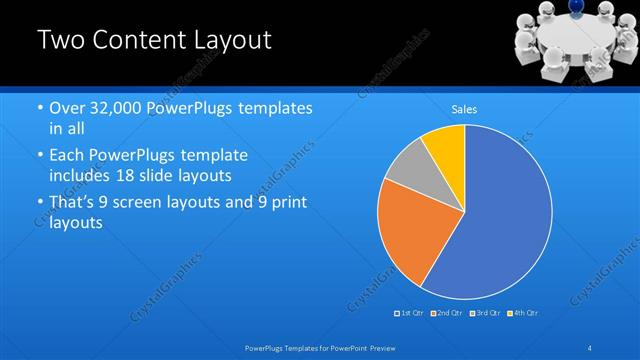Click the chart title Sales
coord(464,109)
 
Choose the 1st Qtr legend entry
coord(410,313)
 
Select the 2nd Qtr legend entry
coord(448,313)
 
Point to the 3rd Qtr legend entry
coord(486,313)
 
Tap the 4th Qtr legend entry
coord(524,313)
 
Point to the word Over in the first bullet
coord(66,109)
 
